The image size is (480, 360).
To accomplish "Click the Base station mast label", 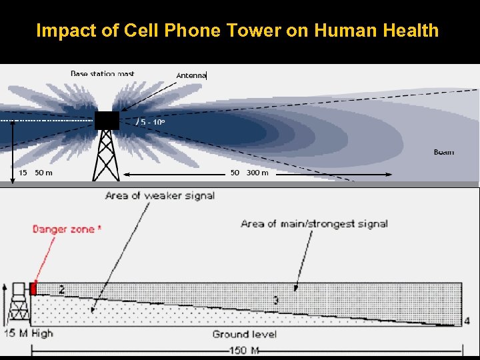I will [x=102, y=73].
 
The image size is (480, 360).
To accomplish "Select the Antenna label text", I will [x=191, y=75].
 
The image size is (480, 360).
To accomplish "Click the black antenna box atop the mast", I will [x=107, y=121].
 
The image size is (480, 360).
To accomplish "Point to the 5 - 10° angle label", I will [x=151, y=122].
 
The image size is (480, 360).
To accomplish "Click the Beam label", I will [x=443, y=152].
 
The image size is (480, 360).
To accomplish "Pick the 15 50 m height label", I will [x=35, y=173].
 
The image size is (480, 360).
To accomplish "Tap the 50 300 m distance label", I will [x=249, y=173].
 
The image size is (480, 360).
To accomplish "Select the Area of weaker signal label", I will [x=159, y=195].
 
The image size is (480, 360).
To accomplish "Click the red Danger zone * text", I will [x=67, y=229].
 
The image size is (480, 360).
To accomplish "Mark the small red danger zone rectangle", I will [x=34, y=288].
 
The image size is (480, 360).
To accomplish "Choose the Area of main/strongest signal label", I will [x=314, y=223].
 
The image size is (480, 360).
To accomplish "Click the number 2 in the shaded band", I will [x=61, y=289].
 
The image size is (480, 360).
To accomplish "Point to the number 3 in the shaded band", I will [x=275, y=301].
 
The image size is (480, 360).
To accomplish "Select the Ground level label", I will [x=244, y=334].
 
